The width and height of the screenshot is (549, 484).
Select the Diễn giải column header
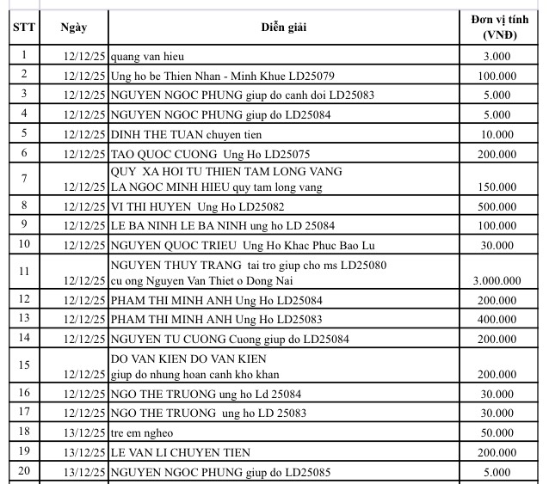point(284,27)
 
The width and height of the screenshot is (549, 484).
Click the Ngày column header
point(74,27)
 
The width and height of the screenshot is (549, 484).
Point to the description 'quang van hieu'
point(146,57)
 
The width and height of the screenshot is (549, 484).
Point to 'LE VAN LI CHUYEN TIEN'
point(180,452)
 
